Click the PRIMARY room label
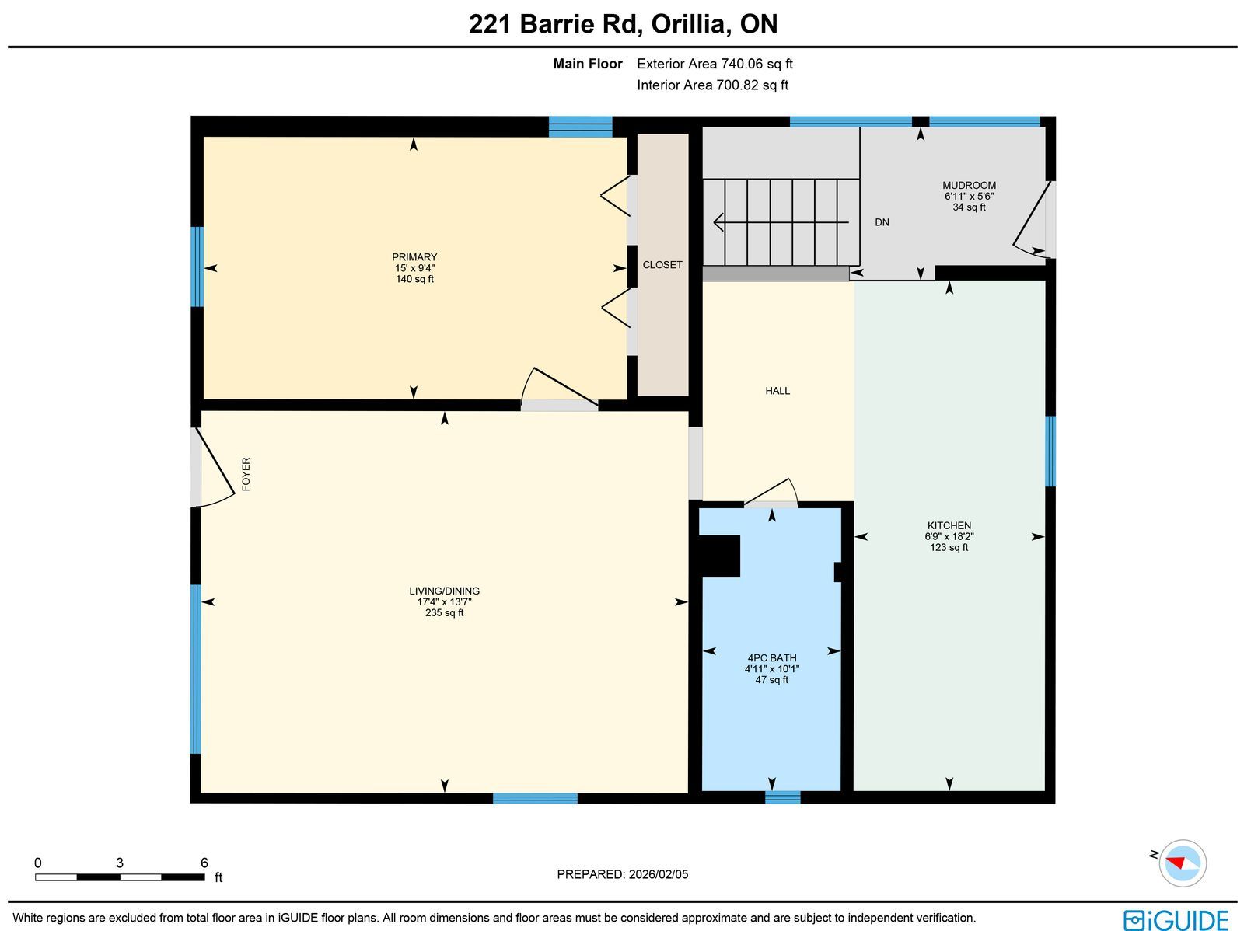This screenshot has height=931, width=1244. (x=414, y=257)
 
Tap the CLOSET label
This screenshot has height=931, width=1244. (x=662, y=265)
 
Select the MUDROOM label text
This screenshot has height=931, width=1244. (x=969, y=185)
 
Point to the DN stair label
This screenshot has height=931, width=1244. (x=882, y=222)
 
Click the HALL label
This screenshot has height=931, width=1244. (x=777, y=391)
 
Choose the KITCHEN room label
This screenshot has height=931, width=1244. (x=949, y=525)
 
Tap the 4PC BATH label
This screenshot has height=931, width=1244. (x=772, y=658)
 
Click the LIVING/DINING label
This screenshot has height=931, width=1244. (x=444, y=591)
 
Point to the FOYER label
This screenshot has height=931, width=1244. (x=246, y=474)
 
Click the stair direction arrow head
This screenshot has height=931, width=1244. (x=718, y=222)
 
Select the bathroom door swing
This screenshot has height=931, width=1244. (x=771, y=493)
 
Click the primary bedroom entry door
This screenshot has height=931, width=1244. (x=559, y=388)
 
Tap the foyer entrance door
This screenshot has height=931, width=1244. (x=215, y=467)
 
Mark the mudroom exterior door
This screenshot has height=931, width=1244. (x=1033, y=220)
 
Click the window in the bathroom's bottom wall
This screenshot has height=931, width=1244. (x=783, y=797)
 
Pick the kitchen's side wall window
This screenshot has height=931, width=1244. (x=1050, y=452)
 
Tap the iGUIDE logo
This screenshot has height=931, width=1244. (x=1176, y=919)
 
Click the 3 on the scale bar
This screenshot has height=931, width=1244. (x=120, y=863)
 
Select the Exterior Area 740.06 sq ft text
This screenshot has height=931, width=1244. (x=715, y=64)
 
